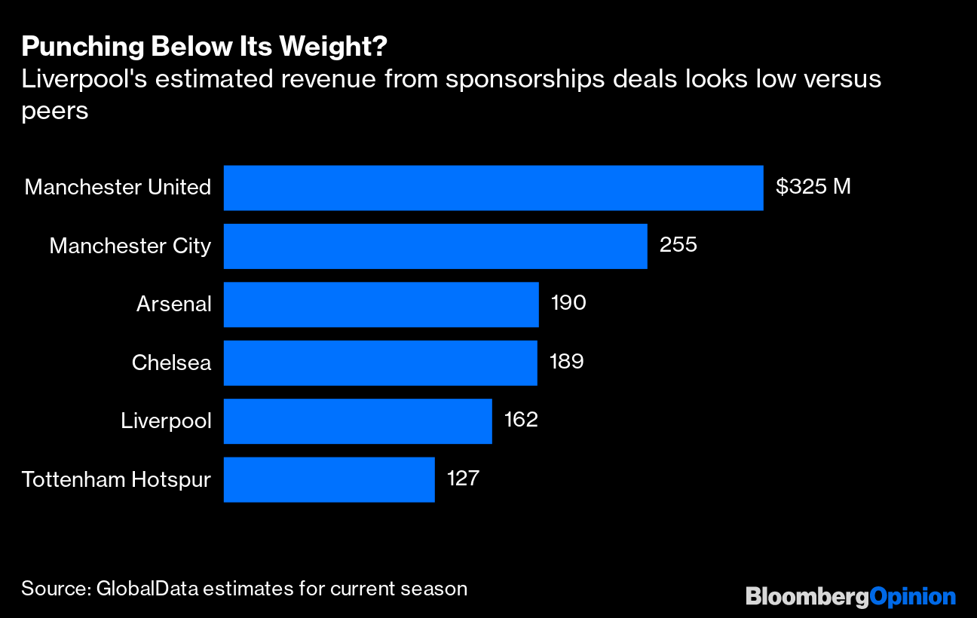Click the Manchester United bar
pos(493,188)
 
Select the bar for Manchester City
pos(435,246)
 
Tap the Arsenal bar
pos(381,304)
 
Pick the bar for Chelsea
pos(380,363)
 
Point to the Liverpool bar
pos(357,421)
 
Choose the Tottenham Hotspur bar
pos(329,479)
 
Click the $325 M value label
pos(813,187)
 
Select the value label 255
pos(678,245)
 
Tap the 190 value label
pos(568,304)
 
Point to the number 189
pos(567,362)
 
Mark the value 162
pos(521,420)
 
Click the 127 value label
pos(463,479)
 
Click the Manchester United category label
pos(118,188)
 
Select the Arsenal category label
pos(173,304)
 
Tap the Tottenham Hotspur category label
pos(116,479)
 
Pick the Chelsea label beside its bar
pos(171,363)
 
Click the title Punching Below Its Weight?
pos(205,47)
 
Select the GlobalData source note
pos(244,589)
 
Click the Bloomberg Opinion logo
pos(850,597)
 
